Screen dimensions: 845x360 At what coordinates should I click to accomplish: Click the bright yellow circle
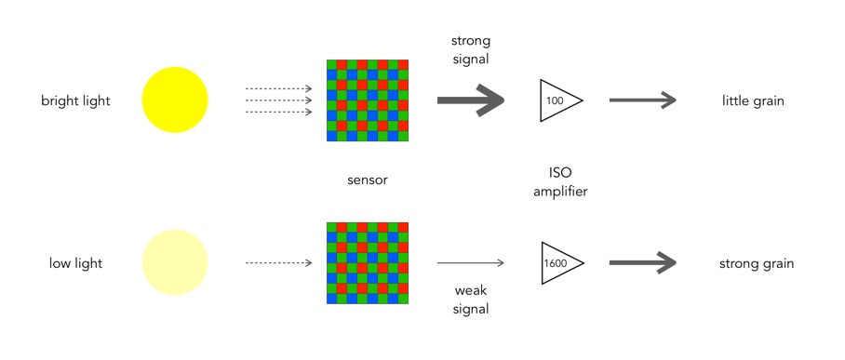coord(175,100)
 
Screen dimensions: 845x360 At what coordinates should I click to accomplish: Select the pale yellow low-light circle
coord(175,262)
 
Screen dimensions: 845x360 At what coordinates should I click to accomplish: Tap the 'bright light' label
coord(75,100)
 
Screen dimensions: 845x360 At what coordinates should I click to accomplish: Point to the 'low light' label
coord(75,263)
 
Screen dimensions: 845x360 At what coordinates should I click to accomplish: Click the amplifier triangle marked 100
coord(561,100)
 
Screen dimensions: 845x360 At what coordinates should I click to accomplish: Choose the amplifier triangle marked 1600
coord(562,263)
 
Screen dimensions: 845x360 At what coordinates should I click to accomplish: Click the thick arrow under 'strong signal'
coord(471,100)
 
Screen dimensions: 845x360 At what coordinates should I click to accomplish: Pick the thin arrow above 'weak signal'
coord(471,263)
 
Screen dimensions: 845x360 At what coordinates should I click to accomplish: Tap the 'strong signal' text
coord(471,50)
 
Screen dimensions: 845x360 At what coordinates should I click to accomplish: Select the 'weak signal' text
coord(471,300)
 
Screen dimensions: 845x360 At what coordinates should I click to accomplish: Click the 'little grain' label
coord(753,100)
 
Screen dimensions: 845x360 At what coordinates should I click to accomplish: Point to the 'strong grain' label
coord(757,263)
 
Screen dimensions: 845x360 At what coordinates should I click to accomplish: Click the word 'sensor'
coord(368,180)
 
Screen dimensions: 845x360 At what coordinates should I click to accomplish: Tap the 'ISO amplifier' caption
coord(560,181)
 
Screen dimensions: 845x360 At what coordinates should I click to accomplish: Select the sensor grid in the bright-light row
coord(368,100)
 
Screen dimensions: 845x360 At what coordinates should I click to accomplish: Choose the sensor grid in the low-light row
coord(368,263)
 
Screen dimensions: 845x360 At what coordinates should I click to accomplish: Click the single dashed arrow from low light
coord(278,263)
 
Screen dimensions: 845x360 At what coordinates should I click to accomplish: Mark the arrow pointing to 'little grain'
coord(643,100)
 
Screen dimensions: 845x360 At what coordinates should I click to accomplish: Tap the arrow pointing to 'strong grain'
coord(643,263)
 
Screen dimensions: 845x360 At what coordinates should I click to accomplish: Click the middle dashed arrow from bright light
coord(278,100)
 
